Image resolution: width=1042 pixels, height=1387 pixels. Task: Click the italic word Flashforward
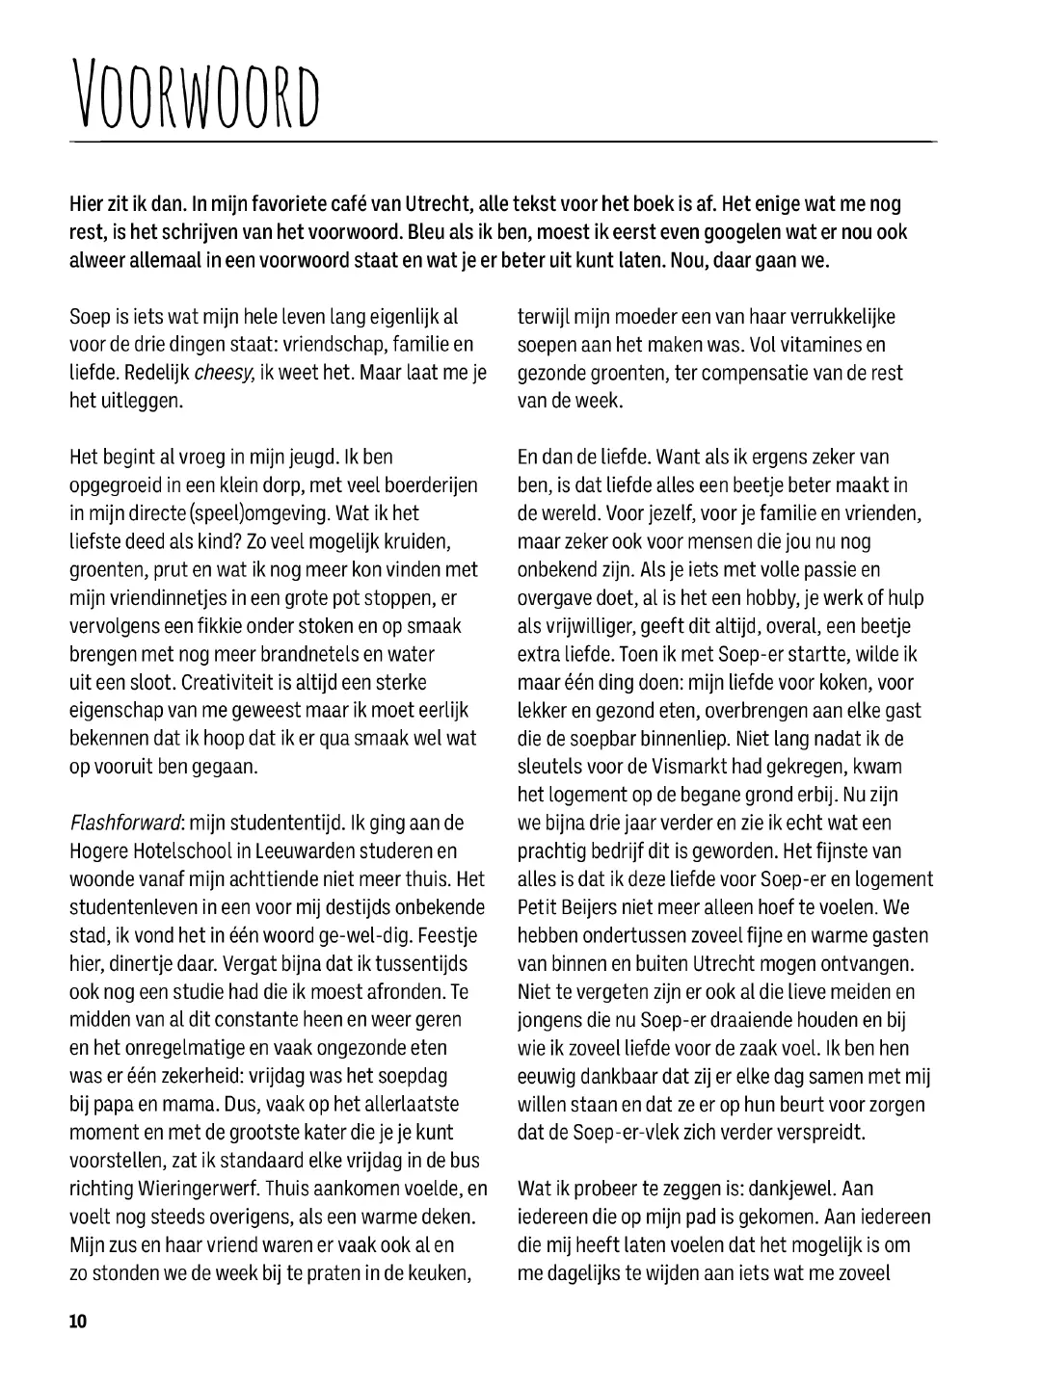coord(126,823)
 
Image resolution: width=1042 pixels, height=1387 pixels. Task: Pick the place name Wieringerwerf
coord(197,1189)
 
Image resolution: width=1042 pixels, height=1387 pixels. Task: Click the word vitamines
coord(815,345)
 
